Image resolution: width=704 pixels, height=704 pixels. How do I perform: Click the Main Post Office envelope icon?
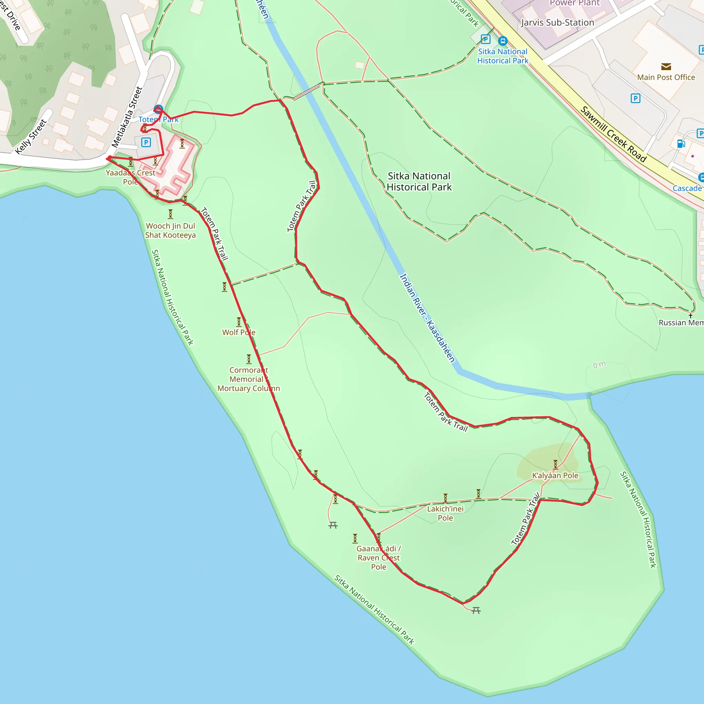click(666, 67)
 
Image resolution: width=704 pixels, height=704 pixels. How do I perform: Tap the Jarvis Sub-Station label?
click(558, 23)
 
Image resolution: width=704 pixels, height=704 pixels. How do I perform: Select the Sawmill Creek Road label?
click(613, 134)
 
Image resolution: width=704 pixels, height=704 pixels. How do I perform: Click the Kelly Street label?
click(31, 137)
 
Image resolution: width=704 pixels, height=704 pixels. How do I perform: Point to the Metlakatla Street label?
click(126, 117)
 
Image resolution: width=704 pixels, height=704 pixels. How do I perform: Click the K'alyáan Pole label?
click(555, 475)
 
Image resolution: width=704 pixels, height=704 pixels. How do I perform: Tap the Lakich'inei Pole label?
click(445, 513)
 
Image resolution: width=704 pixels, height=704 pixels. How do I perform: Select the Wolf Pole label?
click(239, 332)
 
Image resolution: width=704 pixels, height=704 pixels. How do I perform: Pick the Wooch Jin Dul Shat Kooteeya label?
click(170, 230)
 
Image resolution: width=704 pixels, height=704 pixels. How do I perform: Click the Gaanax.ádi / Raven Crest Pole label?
click(378, 558)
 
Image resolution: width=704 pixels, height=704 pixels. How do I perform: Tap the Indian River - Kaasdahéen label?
click(427, 318)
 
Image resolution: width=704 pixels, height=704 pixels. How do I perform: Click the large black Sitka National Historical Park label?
click(419, 181)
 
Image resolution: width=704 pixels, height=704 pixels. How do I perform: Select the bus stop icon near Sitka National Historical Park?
click(503, 41)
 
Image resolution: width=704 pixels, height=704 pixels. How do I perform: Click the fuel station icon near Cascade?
click(681, 144)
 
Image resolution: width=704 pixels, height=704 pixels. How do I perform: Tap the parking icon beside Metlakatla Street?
click(146, 142)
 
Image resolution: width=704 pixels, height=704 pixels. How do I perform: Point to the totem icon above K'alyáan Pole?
click(555, 464)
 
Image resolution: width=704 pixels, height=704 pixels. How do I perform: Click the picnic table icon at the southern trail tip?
click(476, 610)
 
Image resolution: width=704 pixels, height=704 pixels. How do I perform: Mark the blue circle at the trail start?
click(158, 109)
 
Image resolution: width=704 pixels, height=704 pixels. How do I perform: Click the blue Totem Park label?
click(158, 120)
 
